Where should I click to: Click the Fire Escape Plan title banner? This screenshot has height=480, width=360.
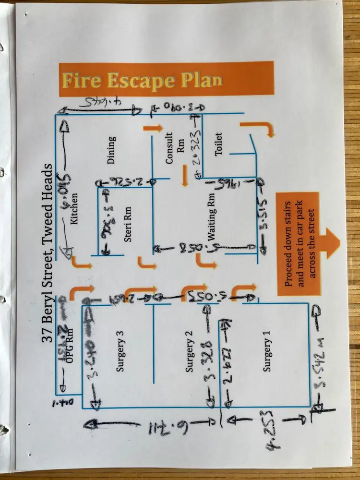tap(166, 79)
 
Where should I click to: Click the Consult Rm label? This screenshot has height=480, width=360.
tap(175, 152)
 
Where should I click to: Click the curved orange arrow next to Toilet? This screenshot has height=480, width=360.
tap(261, 128)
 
